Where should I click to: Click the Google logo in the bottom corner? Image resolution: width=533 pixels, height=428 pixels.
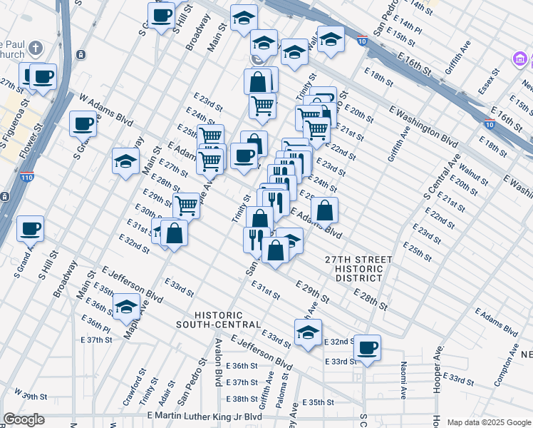click(x=24, y=420)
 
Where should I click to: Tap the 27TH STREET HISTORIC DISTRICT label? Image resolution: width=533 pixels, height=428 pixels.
click(x=353, y=269)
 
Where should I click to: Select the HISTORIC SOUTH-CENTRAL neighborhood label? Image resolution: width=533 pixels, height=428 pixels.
click(x=219, y=320)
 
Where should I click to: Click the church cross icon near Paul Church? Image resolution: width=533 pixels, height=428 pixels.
click(x=36, y=49)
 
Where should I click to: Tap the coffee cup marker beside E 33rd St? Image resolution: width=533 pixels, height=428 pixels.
click(x=367, y=347)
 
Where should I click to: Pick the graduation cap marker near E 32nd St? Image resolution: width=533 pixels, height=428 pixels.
click(x=308, y=332)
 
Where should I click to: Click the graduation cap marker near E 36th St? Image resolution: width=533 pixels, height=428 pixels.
click(x=126, y=307)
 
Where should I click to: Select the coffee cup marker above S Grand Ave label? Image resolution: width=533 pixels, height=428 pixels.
click(x=30, y=229)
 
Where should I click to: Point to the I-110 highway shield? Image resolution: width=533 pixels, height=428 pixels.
click(x=27, y=176)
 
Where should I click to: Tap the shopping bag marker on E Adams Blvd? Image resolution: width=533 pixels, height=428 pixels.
click(x=324, y=210)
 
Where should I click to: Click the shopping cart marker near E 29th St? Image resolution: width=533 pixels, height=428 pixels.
click(x=186, y=205)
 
